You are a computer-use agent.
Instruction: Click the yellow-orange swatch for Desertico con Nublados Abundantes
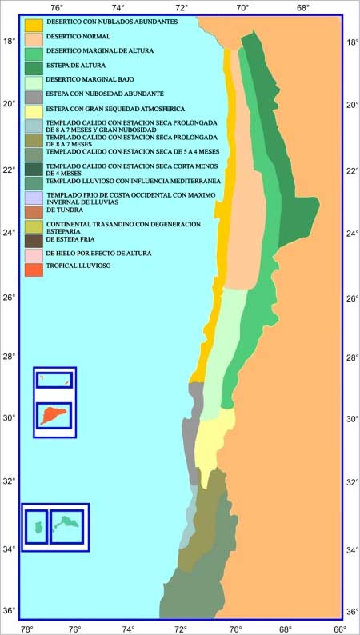click(x=34, y=23)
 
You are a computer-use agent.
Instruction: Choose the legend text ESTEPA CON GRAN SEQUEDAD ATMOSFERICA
click(x=104, y=108)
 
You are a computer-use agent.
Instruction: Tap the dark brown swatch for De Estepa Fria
click(x=34, y=240)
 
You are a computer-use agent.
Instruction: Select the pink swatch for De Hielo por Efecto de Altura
click(x=34, y=254)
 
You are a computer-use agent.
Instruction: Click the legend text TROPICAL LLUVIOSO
click(x=78, y=265)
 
